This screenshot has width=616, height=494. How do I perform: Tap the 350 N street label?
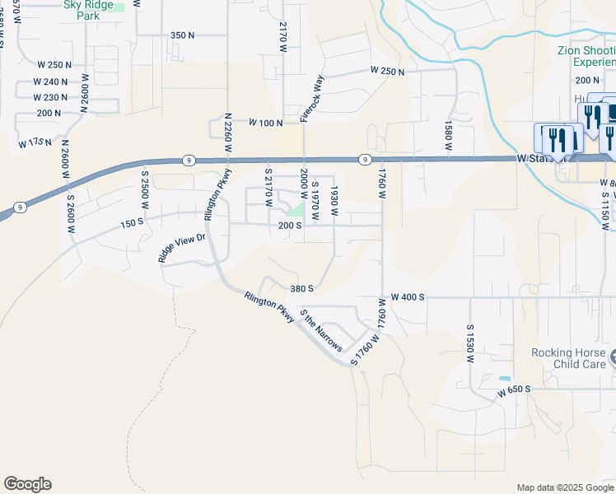(182, 35)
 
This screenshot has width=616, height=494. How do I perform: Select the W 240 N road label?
(52, 82)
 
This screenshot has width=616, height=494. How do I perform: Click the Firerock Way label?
(312, 99)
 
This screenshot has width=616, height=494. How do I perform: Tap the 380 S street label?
(302, 289)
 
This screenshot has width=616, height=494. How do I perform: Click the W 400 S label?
(408, 296)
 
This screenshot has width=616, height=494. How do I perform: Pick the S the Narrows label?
(321, 332)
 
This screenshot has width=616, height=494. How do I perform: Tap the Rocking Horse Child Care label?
(568, 358)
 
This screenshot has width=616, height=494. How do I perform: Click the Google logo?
(27, 484)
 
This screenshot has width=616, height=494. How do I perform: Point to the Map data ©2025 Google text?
(564, 487)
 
